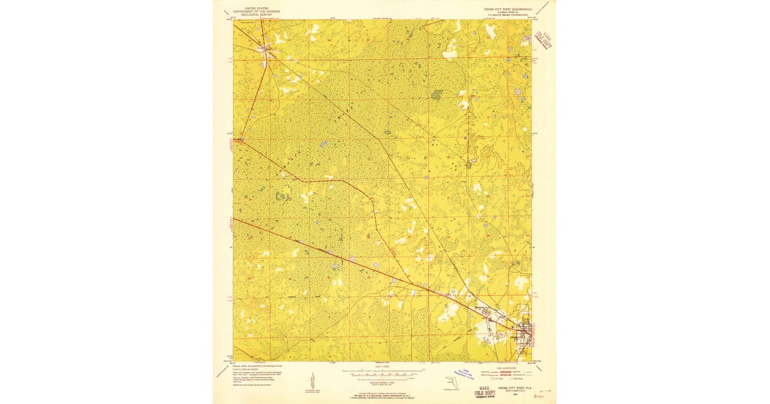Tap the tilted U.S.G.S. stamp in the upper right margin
(544, 41)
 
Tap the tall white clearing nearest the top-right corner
(491, 30)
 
